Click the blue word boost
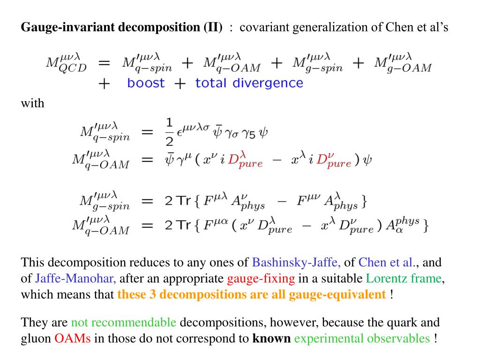click(146, 83)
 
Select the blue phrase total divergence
click(249, 83)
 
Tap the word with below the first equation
click(32, 103)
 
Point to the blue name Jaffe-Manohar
click(75, 279)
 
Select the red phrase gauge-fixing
click(261, 279)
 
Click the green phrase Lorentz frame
click(404, 279)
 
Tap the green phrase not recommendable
click(124, 322)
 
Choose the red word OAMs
click(73, 338)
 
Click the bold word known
click(271, 338)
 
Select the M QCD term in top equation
click(66, 64)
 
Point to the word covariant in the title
click(265, 27)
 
